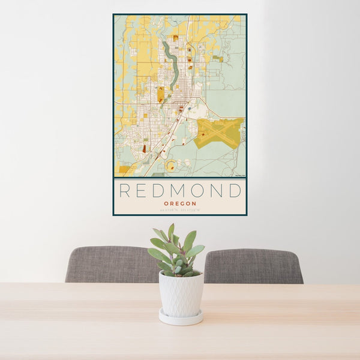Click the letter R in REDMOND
(x=125, y=191)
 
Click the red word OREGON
(x=179, y=203)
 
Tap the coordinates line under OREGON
(x=179, y=209)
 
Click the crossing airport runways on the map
(x=221, y=131)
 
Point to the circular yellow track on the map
(x=171, y=166)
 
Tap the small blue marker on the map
(x=188, y=109)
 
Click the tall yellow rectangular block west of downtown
(x=161, y=94)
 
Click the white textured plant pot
(x=181, y=294)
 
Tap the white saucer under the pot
(x=181, y=318)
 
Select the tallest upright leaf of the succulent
(x=171, y=232)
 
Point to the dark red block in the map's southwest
(x=144, y=148)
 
